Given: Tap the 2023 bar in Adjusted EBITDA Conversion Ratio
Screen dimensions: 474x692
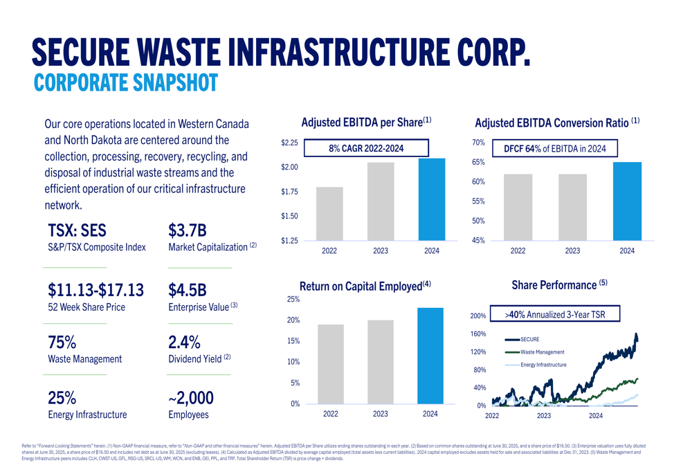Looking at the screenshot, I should tap(572, 207).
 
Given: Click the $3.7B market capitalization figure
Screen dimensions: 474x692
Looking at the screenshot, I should tap(188, 230).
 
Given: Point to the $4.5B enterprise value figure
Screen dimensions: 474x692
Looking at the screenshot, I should tap(188, 289).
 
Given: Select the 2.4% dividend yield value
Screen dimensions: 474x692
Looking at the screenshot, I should tap(185, 343).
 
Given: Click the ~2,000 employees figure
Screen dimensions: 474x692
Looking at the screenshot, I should tap(190, 398).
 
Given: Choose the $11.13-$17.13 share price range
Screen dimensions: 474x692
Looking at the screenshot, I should tap(95, 289).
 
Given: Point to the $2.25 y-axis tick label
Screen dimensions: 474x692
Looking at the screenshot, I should tap(289, 143).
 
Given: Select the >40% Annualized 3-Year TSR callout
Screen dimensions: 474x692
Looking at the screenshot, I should tap(555, 314).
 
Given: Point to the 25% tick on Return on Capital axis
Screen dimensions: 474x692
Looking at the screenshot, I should tap(293, 300).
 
